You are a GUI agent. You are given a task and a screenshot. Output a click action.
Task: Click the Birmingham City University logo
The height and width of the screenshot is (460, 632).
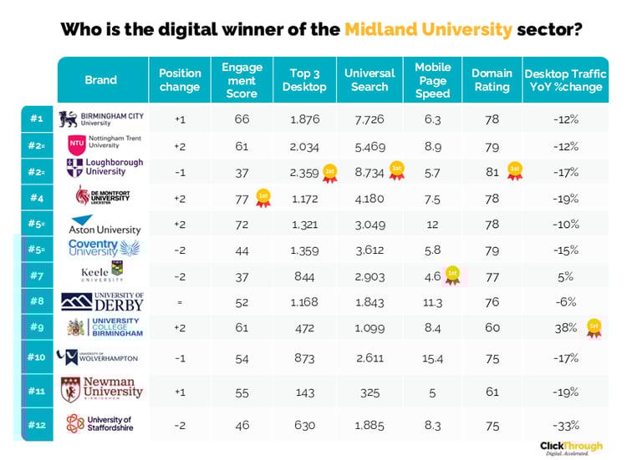(100, 119)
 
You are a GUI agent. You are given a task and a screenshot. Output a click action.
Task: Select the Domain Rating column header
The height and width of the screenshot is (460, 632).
(492, 80)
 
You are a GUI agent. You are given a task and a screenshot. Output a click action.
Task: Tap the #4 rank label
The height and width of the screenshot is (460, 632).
(36, 197)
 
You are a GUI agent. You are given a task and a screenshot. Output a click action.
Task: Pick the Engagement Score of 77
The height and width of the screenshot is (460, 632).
(242, 197)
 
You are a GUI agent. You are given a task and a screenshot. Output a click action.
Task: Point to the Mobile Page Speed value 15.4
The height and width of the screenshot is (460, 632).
(433, 357)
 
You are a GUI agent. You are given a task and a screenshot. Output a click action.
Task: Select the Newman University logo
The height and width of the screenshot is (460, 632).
(101, 389)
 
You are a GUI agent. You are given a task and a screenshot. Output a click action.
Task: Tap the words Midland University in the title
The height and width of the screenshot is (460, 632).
(428, 30)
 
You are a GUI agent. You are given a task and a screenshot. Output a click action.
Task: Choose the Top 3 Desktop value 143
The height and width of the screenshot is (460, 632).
(304, 389)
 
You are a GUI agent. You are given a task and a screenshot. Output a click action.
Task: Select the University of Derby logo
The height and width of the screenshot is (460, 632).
(101, 301)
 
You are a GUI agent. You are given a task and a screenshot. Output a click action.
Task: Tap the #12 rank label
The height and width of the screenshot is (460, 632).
(36, 423)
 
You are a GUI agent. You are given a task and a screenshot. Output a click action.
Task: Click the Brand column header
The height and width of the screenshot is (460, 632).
(101, 80)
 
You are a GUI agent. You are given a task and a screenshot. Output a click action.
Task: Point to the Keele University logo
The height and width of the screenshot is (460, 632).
(101, 272)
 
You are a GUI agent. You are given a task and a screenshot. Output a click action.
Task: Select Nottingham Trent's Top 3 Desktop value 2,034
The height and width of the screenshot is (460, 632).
(304, 145)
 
